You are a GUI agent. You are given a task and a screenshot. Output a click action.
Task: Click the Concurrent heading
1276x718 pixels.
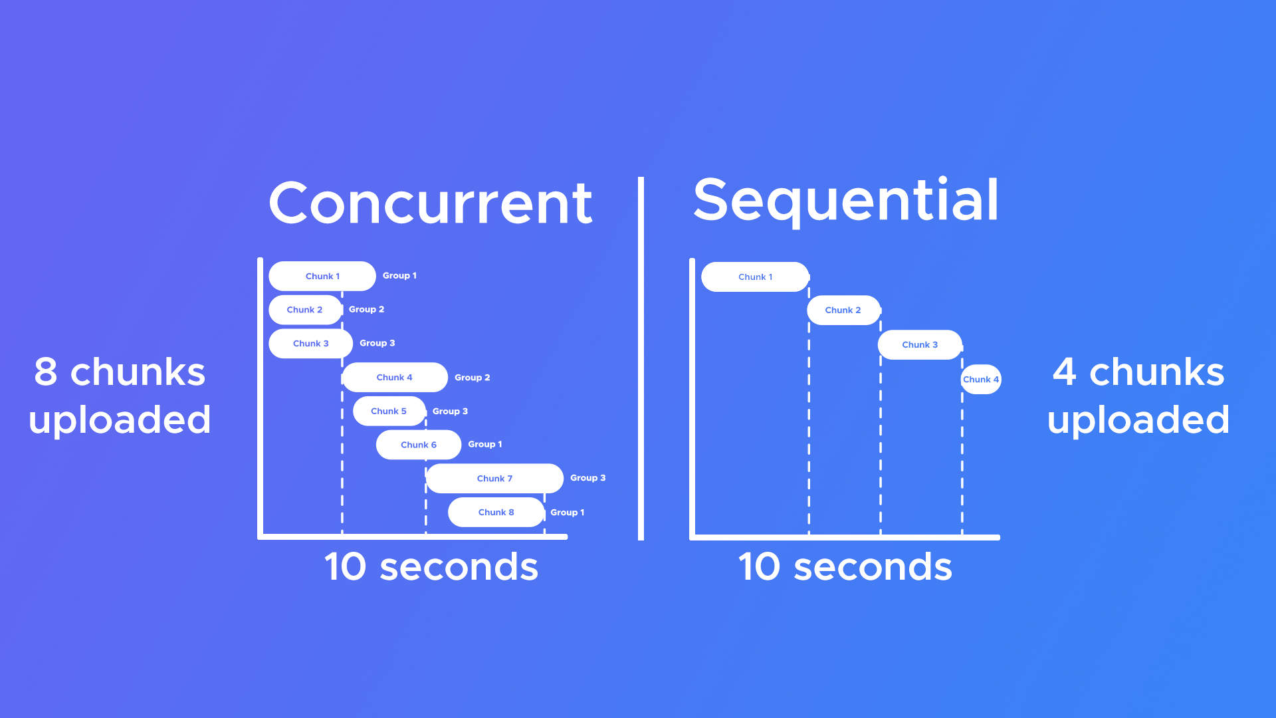tap(431, 203)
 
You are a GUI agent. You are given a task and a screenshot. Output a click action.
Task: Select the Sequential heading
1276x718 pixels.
tap(846, 201)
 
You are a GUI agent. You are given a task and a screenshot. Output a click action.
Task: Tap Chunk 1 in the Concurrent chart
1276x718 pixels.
tap(322, 276)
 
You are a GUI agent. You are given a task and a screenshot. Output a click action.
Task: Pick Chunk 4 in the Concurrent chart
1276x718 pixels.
tap(395, 377)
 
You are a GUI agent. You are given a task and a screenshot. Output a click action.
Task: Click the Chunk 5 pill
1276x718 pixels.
tap(389, 411)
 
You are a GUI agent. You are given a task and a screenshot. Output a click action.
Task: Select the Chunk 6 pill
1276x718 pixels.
tap(419, 445)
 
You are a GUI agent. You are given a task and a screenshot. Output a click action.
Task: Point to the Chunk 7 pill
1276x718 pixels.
tap(495, 478)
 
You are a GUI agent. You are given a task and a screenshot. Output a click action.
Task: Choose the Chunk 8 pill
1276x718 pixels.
tap(496, 512)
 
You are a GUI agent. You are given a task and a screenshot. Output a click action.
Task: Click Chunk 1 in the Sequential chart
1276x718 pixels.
tap(755, 277)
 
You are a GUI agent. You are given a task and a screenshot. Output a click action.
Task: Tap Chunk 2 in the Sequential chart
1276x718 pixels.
tap(843, 310)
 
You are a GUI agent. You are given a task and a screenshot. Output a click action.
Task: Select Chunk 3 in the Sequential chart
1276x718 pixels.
tap(920, 344)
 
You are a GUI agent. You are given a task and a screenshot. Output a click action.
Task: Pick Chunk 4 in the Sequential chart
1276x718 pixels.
tap(981, 379)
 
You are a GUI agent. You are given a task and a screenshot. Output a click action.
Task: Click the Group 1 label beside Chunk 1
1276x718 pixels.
tap(399, 275)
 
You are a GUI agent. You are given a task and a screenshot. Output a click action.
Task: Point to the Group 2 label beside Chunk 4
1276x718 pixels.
tap(473, 377)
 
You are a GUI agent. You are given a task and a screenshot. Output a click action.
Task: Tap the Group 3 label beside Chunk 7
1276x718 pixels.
tap(588, 477)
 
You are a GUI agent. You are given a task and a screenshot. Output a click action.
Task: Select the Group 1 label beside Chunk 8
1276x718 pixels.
tap(568, 512)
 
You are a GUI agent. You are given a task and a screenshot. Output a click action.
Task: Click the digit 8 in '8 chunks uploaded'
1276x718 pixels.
tap(46, 372)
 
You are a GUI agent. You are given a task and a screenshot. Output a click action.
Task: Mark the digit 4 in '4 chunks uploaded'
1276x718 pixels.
tap(1065, 372)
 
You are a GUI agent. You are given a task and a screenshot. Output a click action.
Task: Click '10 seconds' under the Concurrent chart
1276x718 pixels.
tap(431, 566)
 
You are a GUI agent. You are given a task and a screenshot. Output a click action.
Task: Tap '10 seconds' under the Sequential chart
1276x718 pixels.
tap(845, 566)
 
